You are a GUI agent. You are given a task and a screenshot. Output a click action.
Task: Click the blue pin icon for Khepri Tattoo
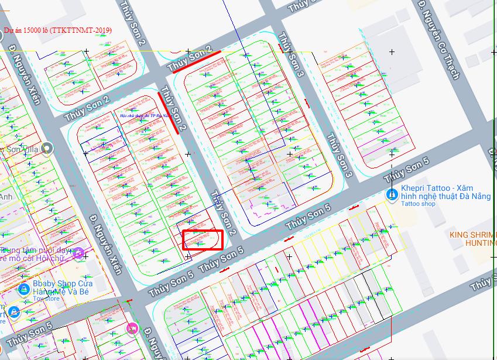(x=391, y=194)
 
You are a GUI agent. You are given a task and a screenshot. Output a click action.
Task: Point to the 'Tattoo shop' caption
(x=418, y=204)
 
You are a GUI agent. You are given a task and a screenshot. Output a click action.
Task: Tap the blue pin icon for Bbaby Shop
(x=23, y=289)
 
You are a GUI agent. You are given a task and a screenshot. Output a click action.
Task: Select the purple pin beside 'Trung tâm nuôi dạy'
(x=78, y=252)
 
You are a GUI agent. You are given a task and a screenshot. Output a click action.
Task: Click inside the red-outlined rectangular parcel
(x=203, y=240)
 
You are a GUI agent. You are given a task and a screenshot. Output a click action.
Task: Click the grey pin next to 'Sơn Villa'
(x=47, y=149)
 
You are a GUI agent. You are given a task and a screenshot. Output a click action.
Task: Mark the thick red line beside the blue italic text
(x=169, y=113)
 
